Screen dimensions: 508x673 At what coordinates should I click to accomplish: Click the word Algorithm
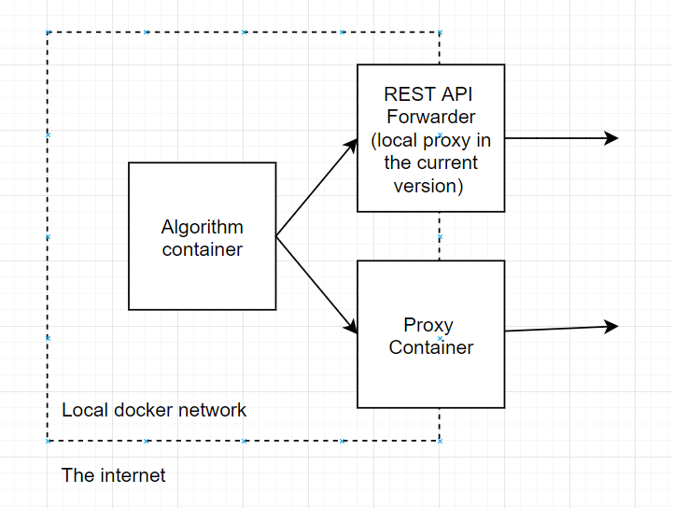pos(202,227)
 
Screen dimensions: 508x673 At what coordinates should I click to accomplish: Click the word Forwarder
pos(431,117)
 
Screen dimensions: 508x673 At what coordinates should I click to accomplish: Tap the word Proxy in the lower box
pos(428,325)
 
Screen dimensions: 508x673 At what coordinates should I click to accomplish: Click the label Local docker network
pos(154,410)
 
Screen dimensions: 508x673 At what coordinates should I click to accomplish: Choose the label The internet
pos(113,475)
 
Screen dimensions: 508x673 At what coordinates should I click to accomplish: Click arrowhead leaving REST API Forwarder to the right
pos(611,138)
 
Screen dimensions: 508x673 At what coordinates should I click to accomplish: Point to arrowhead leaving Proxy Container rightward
pos(611,326)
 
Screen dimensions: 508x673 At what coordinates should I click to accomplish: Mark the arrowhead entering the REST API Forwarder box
pos(352,145)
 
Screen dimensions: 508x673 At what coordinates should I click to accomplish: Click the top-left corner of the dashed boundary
pos(48,33)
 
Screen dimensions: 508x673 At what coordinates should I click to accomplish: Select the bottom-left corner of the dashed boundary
pos(48,440)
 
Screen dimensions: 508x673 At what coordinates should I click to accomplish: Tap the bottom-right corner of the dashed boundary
pos(440,440)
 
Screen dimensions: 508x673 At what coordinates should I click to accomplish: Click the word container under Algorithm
pos(202,249)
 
